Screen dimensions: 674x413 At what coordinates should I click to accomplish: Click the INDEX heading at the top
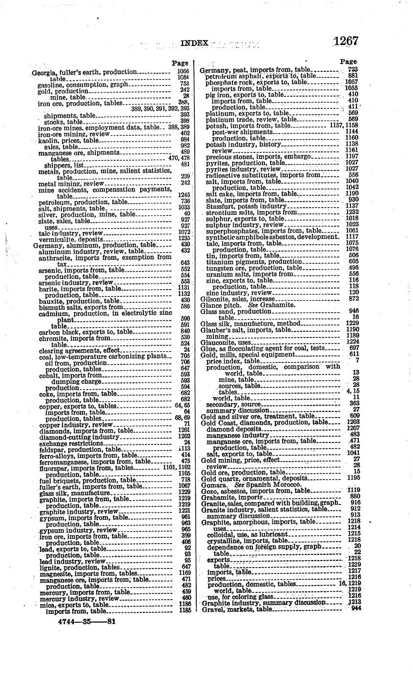pos(194,43)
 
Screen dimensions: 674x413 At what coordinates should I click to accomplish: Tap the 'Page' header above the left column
pos(180,63)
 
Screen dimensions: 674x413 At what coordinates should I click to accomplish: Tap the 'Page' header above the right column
pos(348,62)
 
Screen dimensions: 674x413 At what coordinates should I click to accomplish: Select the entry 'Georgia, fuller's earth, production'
pos(84,72)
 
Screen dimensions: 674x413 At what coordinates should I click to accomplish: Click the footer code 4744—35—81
pos(86,622)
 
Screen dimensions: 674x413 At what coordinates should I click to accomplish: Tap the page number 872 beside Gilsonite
pos(353,298)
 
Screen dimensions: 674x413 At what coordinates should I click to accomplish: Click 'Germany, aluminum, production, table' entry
pos(95,245)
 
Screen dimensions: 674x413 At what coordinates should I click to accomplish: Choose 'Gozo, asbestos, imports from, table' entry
pos(255,491)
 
